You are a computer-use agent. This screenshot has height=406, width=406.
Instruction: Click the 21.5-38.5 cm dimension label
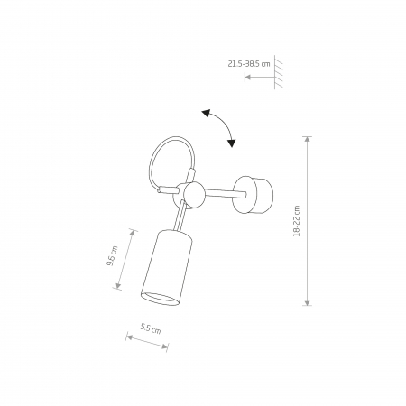point(249,64)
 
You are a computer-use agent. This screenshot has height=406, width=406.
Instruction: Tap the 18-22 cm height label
point(297,221)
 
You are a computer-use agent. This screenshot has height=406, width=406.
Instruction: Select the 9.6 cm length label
point(112,256)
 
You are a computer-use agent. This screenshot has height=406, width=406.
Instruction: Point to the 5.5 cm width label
point(151,328)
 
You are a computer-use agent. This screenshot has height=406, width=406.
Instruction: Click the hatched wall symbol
point(279,72)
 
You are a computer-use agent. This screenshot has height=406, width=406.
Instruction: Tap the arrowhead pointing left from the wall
point(248,78)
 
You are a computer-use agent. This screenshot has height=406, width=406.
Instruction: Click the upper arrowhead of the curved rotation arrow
point(206,114)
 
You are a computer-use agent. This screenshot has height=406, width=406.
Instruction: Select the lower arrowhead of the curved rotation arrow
point(231,143)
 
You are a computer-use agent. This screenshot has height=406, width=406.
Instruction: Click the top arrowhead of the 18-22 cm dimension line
point(307,140)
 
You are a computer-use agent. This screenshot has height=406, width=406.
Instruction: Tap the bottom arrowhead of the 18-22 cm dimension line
point(307,302)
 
